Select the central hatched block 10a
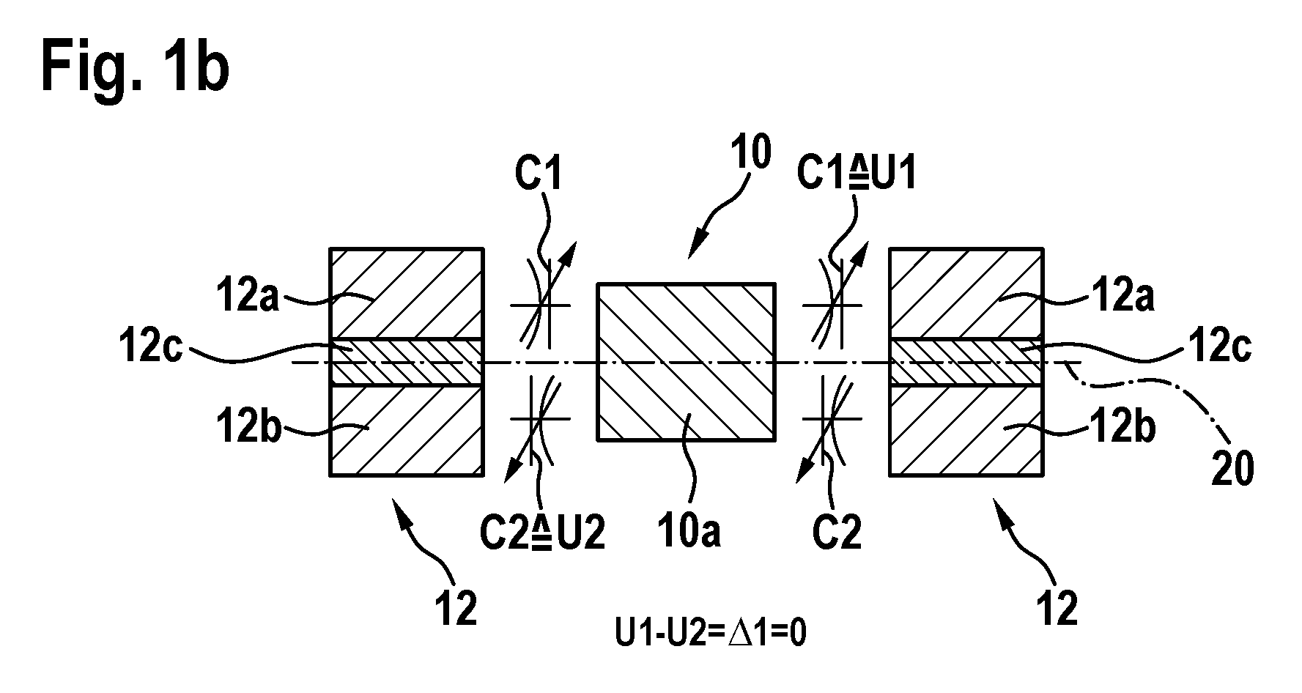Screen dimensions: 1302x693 [x=687, y=362]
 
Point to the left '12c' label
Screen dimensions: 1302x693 [x=150, y=349]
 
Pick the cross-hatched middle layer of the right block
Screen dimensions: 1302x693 [x=964, y=362]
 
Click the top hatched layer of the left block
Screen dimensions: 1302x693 [x=407, y=294]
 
